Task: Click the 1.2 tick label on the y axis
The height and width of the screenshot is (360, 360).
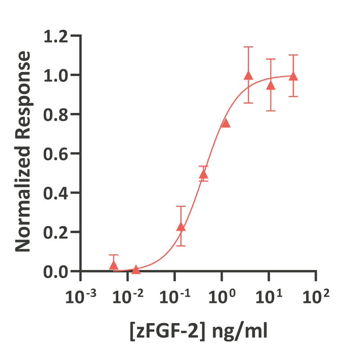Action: click(57, 36)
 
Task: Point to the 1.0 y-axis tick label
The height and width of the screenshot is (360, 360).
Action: click(57, 75)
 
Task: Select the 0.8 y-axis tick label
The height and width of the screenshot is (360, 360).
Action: click(57, 114)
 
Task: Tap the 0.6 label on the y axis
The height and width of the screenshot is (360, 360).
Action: click(57, 153)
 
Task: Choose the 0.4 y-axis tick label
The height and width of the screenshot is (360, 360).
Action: click(57, 193)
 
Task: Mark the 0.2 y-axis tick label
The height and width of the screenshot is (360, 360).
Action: click(57, 232)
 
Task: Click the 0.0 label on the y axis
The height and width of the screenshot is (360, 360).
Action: click(57, 271)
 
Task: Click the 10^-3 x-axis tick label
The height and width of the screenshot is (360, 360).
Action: click(81, 297)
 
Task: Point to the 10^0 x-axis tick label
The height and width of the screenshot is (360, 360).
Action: click(222, 297)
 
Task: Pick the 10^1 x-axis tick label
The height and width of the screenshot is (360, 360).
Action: click(269, 297)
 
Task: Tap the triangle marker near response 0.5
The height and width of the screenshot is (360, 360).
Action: click(203, 174)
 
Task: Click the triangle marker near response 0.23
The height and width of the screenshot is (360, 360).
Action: click(181, 226)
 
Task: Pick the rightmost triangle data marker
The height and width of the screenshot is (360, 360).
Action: click(293, 76)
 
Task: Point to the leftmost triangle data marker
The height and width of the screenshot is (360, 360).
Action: click(113, 265)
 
